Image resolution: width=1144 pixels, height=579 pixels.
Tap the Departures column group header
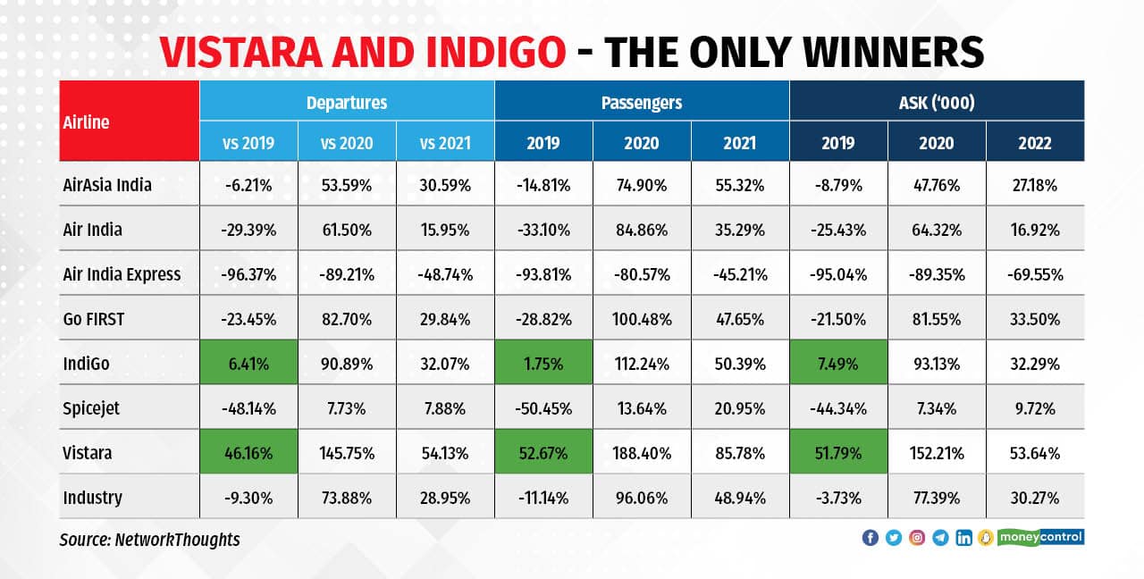347,102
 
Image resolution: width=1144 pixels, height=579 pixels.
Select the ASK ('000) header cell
936,102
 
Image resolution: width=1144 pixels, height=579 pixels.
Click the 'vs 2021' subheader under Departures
444,142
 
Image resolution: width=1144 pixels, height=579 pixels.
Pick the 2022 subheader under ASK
1034,142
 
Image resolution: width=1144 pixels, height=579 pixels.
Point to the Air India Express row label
122,274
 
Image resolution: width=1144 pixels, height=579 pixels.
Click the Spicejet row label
91,408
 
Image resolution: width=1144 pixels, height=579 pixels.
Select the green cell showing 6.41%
248,364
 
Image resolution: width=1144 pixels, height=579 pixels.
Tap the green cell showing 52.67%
543,453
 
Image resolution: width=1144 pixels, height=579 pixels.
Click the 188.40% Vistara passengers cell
641,453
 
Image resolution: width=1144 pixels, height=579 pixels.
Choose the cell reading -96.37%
248,274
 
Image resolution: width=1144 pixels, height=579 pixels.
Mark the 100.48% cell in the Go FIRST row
641,319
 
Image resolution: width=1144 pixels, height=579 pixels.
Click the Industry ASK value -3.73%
838,498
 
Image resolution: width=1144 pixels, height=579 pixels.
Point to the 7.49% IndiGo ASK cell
838,364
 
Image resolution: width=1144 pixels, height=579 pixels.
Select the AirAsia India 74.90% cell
641,185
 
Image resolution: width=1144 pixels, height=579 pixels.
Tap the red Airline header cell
130,122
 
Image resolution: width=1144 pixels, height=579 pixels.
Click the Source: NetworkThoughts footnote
150,540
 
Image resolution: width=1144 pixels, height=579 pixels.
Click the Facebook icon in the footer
870,537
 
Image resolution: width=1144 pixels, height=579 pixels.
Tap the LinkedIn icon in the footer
963,537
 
